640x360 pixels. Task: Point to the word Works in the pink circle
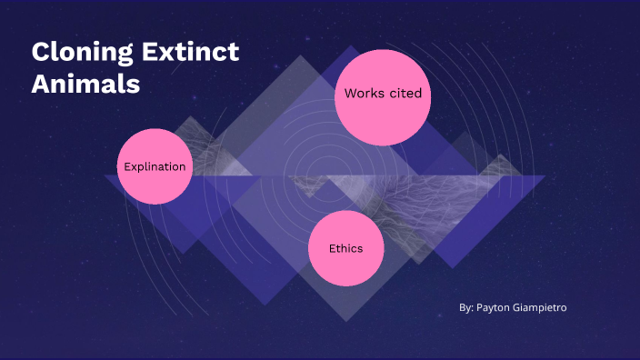(x=363, y=94)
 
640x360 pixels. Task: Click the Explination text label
(x=155, y=166)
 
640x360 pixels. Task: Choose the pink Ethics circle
(x=346, y=248)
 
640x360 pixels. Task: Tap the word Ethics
(x=346, y=248)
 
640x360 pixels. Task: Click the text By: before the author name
(x=466, y=308)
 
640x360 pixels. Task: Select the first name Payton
(x=495, y=308)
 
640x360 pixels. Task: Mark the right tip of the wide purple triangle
(x=546, y=176)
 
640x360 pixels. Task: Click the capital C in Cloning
(x=41, y=53)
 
